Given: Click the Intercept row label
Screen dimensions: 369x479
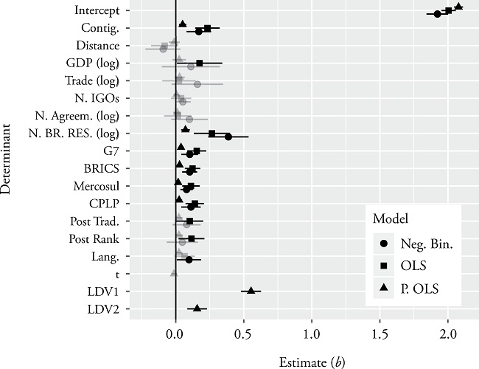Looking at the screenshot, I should click(99, 11).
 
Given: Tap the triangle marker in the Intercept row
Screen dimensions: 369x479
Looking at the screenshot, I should click(458, 7).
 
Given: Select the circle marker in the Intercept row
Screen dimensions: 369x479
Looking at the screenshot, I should click(437, 14).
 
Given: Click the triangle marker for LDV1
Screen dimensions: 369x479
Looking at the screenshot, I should click(251, 291).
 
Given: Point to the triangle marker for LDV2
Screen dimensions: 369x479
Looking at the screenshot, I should click(197, 308).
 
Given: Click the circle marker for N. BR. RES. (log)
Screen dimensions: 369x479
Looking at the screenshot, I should click(228, 137).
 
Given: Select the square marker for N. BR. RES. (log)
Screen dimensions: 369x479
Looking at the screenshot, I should click(212, 134).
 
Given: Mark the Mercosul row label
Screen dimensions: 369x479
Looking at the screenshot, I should click(102, 185).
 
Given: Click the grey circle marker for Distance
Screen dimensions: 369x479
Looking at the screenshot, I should click(164, 49).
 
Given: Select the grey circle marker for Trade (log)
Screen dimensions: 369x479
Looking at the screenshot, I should click(197, 84).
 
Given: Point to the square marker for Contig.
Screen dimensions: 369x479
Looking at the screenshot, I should click(208, 28).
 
